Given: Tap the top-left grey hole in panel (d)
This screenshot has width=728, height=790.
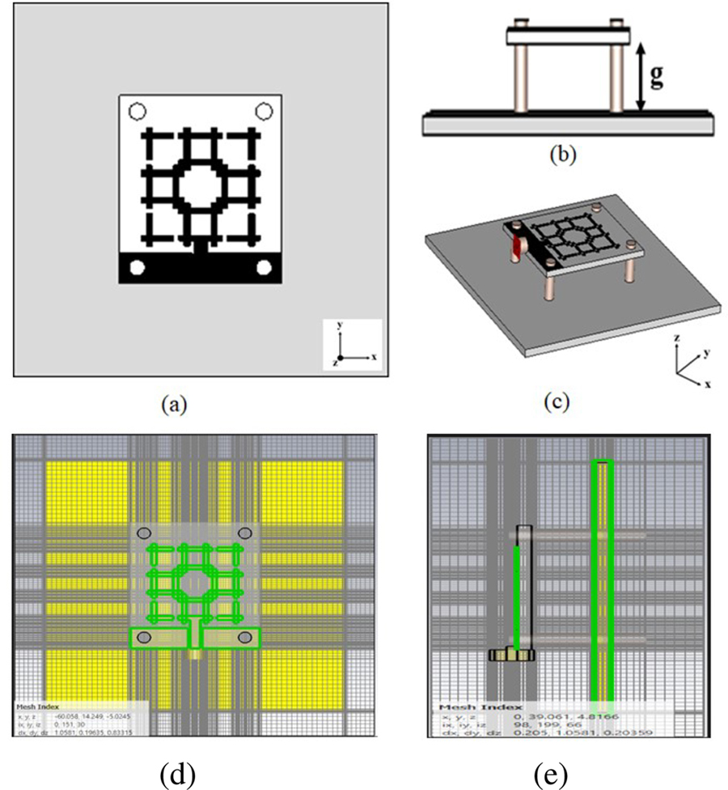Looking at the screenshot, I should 144,532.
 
